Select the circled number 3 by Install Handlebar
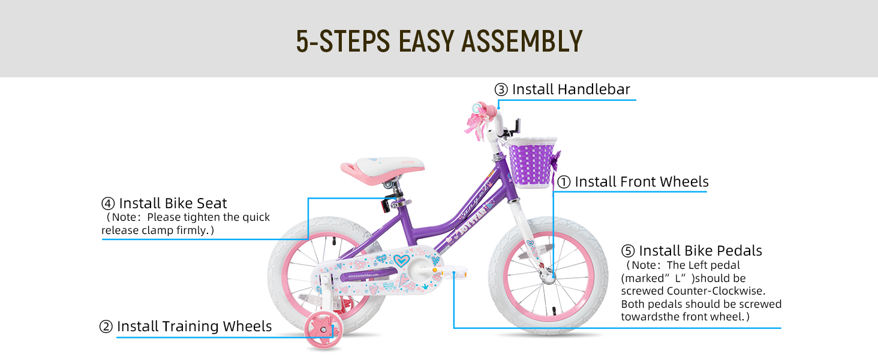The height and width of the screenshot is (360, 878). [501, 90]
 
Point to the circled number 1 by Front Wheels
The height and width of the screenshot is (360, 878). [564, 182]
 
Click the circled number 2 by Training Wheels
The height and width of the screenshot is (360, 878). [106, 327]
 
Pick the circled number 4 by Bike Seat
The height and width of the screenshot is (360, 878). [108, 203]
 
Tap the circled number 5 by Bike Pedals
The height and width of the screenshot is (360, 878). [628, 251]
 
